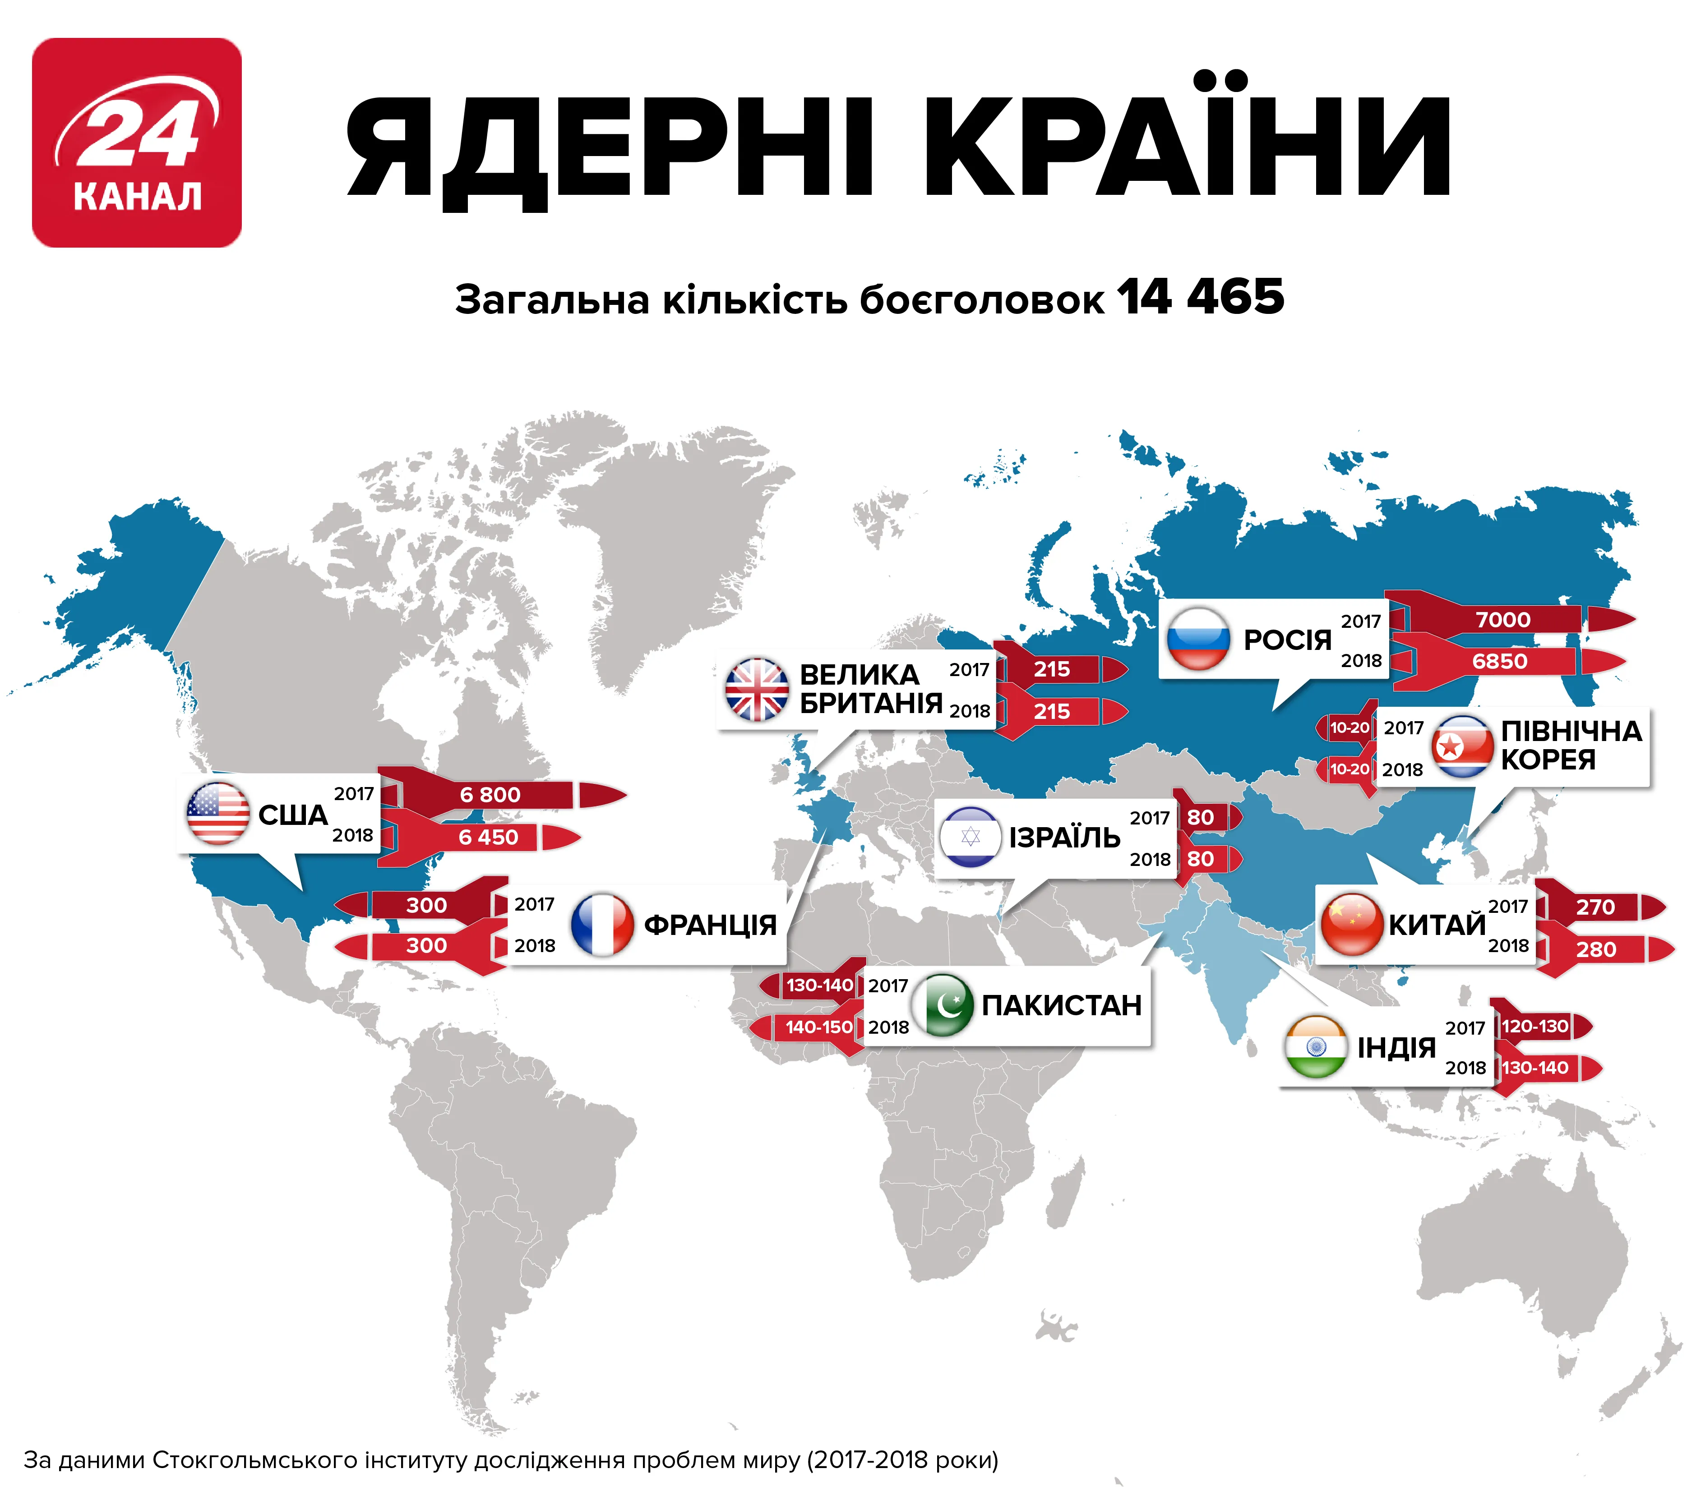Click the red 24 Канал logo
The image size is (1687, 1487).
coord(137,143)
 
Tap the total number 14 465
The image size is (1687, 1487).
coord(1201,297)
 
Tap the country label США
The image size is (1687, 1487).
coord(293,815)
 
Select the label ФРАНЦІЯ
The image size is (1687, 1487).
coord(710,925)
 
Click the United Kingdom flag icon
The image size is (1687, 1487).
coord(756,690)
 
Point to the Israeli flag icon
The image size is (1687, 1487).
coord(971,837)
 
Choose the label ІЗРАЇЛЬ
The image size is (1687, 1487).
coord(1065,838)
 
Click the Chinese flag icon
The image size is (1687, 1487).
coord(1351,924)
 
